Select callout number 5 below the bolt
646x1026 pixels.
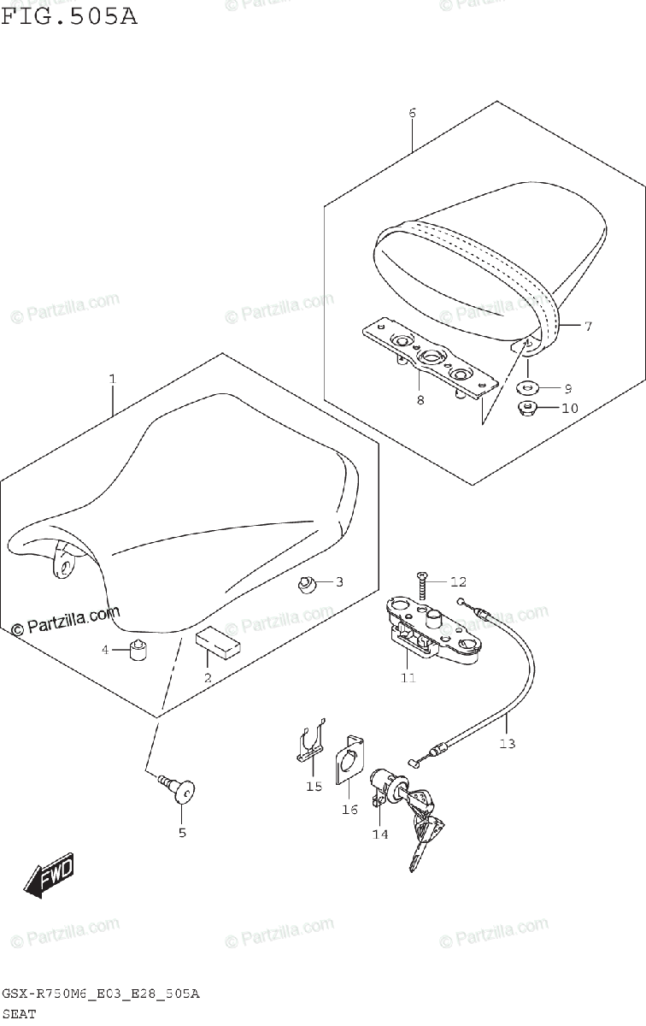[x=182, y=832]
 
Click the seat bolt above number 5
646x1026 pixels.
[x=179, y=790]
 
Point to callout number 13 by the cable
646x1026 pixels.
[x=508, y=743]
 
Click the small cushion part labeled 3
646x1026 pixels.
[x=308, y=584]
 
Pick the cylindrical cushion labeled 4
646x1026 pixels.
[x=137, y=651]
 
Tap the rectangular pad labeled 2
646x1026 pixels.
[x=218, y=643]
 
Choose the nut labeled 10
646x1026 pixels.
[x=528, y=408]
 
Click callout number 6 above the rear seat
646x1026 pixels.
[x=412, y=113]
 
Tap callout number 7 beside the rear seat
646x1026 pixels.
[x=587, y=326]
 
